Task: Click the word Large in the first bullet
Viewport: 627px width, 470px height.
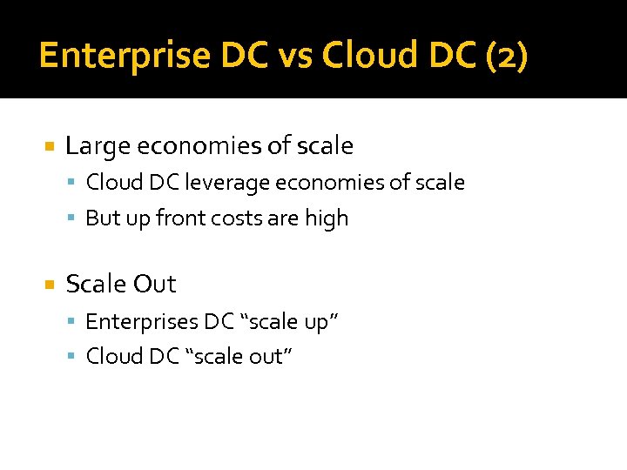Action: (95, 146)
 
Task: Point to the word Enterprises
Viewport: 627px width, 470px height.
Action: (142, 322)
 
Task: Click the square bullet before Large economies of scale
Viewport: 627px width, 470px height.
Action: (50, 146)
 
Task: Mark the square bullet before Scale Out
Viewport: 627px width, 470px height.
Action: (50, 285)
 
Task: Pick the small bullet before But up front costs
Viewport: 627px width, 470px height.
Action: (74, 219)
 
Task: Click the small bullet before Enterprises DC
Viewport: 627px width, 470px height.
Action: (74, 323)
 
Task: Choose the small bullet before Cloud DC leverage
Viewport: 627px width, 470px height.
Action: (74, 184)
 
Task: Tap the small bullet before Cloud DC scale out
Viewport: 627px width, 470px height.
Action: (74, 358)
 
